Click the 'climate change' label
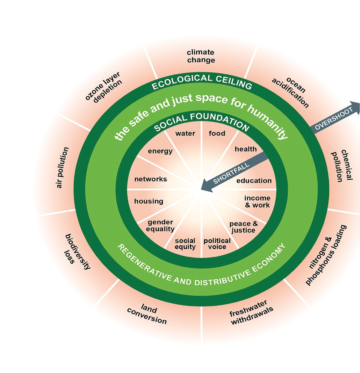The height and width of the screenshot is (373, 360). pos(201,56)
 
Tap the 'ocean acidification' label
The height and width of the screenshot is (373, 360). pos(291,92)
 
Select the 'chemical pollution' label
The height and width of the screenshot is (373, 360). pos(342,165)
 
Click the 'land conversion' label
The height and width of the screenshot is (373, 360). pos(147,314)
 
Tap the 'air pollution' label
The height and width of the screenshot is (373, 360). pos(62,167)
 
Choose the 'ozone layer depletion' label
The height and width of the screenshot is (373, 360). pos(104,87)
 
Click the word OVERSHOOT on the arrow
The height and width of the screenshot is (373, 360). pos(334,119)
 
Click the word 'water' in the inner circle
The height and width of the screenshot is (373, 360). pos(185,134)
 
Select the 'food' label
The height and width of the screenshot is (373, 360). pos(217,134)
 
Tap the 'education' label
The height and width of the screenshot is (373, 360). pos(254,181)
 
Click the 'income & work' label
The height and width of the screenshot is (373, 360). pos(257,201)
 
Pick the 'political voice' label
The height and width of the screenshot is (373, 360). pos(217,244)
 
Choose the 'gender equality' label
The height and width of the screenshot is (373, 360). pos(160,226)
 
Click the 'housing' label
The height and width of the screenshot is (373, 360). pos(149,201)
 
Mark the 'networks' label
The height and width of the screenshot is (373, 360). pos(151,179)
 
